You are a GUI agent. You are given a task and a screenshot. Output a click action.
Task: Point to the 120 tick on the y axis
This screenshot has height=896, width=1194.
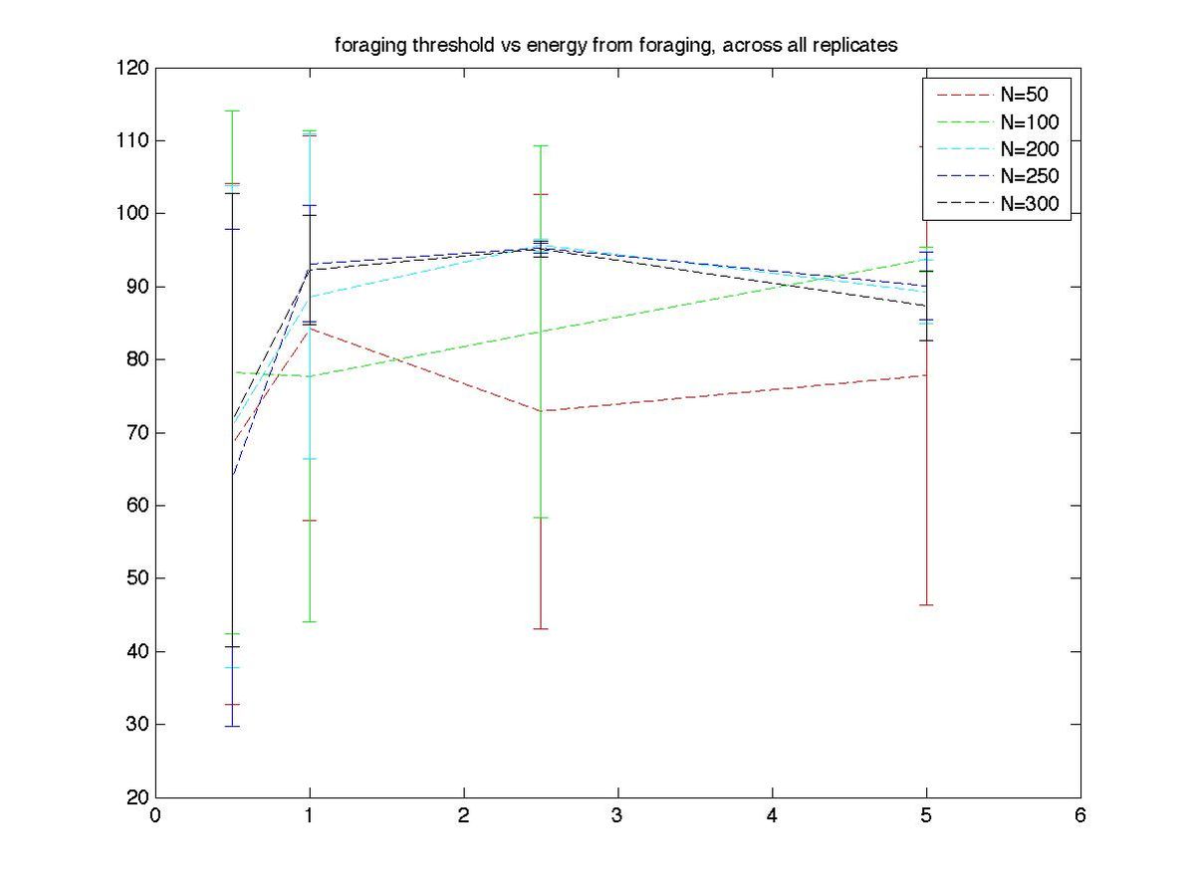[x=135, y=68]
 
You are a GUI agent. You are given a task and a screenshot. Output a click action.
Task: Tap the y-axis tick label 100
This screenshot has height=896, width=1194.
[x=135, y=214]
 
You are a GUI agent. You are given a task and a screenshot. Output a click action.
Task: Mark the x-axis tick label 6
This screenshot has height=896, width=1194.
[x=1080, y=815]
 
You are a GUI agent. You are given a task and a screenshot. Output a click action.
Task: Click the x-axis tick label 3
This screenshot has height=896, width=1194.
[x=617, y=815]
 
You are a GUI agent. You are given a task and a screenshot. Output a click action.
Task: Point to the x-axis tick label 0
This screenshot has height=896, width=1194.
[x=155, y=815]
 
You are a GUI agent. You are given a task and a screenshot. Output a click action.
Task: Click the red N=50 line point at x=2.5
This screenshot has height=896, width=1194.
[x=541, y=410]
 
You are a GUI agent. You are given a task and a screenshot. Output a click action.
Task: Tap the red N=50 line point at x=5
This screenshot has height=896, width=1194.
[x=926, y=375]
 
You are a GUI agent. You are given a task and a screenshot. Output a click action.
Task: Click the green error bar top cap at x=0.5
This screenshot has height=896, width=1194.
[x=232, y=111]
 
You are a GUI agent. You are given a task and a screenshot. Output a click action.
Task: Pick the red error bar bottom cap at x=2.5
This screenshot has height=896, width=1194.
[x=541, y=628]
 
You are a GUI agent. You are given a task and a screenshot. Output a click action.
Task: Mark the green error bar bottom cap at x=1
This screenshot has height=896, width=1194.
[x=310, y=621]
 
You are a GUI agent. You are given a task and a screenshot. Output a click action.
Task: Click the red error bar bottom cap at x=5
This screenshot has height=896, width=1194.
[x=926, y=604]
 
